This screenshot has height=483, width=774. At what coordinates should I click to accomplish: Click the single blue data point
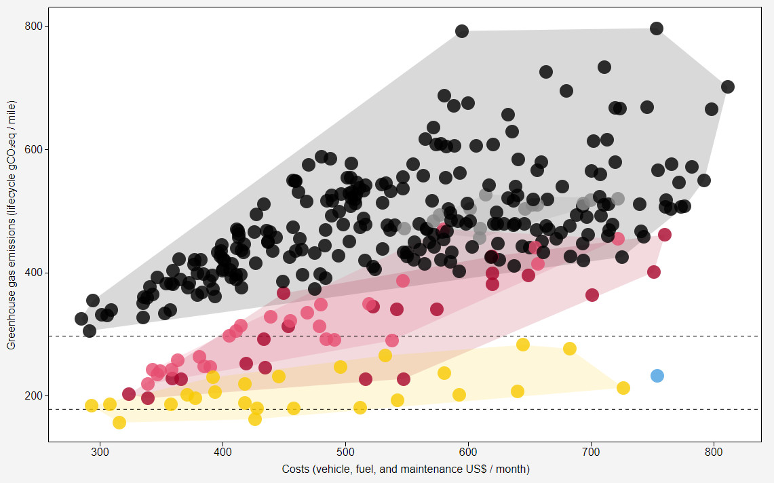[657, 376]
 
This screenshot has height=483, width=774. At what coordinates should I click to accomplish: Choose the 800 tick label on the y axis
[33, 26]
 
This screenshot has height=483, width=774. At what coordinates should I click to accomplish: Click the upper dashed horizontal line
[407, 336]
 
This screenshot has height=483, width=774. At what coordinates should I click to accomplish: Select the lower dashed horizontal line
[407, 409]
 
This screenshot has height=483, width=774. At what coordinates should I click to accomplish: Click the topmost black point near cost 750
[656, 28]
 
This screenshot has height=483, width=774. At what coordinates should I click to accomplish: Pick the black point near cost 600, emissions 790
[462, 31]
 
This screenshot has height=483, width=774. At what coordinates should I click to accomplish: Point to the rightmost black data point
[728, 87]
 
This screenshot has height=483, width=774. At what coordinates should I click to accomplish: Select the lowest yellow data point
[119, 423]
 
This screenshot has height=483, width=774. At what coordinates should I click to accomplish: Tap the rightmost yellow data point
[623, 388]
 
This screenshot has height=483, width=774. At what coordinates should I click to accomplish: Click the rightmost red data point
[665, 235]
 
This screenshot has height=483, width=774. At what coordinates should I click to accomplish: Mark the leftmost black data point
[81, 319]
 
